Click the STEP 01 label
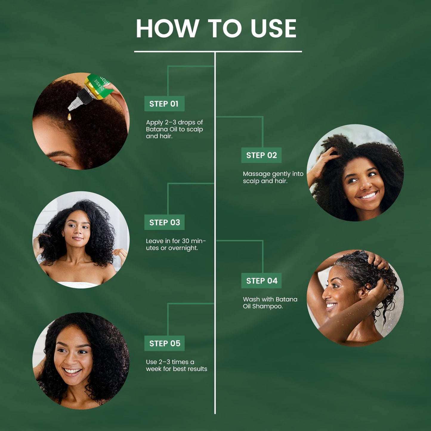coord(164,104)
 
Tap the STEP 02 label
coord(261,155)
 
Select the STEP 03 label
coord(164,222)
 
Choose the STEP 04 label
coord(262,281)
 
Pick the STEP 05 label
coord(165,343)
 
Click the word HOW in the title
coord(167,29)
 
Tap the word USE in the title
coord(273,29)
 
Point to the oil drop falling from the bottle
coord(69,117)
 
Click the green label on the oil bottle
coord(100,86)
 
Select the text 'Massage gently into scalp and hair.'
coord(273,177)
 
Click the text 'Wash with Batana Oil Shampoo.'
coord(270,302)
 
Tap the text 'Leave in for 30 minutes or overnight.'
coord(176,244)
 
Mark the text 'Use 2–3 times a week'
coord(176,365)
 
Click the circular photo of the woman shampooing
coord(355,298)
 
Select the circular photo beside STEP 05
coord(81,361)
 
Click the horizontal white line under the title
coord(218,52)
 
